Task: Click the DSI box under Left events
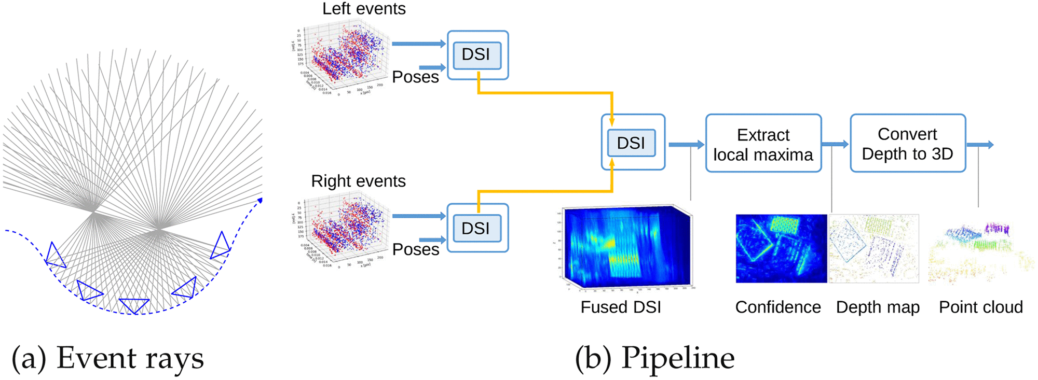pos(477,55)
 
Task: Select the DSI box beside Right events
pos(477,228)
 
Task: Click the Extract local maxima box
pos(763,144)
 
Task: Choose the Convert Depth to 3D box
pos(907,144)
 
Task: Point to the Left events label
pos(364,9)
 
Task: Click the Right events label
pos(358,181)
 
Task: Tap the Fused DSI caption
pos(621,307)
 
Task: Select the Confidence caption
pos(777,307)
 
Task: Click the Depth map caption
pos(878,307)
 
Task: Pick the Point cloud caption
pos(981,307)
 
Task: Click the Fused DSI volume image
pos(628,247)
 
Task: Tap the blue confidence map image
pos(781,248)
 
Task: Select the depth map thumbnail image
pos(874,248)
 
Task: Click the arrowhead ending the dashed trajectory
pos(260,200)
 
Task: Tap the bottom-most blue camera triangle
pos(134,305)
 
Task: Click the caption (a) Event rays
pos(107,358)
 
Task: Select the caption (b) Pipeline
pos(654,358)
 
